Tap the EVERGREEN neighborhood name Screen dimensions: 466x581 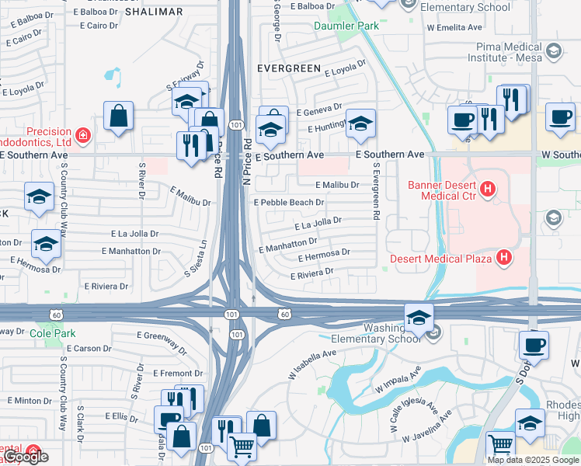pyautogui.click(x=289, y=68)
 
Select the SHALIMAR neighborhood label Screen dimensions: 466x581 pyautogui.click(x=154, y=12)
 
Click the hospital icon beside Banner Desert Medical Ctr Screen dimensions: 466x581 pyautogui.click(x=487, y=189)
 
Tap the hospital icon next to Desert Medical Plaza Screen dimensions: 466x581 pyautogui.click(x=504, y=257)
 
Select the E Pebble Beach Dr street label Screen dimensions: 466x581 pyautogui.click(x=289, y=202)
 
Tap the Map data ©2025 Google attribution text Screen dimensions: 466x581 pyautogui.click(x=532, y=460)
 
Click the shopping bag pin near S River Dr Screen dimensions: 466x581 pyautogui.click(x=118, y=117)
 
